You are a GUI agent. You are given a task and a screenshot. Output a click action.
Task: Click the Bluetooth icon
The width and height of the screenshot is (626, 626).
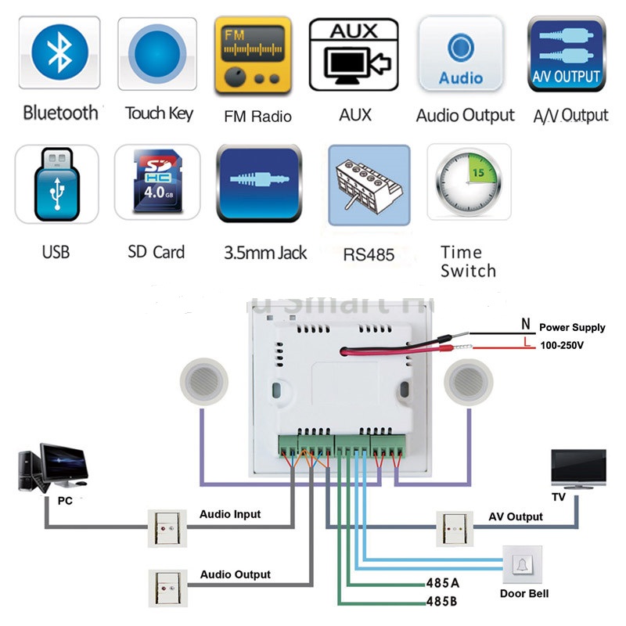pos(59,53)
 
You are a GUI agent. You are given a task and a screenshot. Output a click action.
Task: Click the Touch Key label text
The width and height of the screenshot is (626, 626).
pos(159,113)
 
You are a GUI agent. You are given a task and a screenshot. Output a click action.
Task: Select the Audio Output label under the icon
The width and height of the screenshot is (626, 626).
pos(465,116)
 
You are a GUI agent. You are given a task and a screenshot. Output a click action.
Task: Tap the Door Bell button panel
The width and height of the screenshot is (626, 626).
pos(522,565)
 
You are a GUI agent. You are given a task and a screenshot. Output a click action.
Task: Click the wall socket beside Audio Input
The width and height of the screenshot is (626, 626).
pos(167,527)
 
